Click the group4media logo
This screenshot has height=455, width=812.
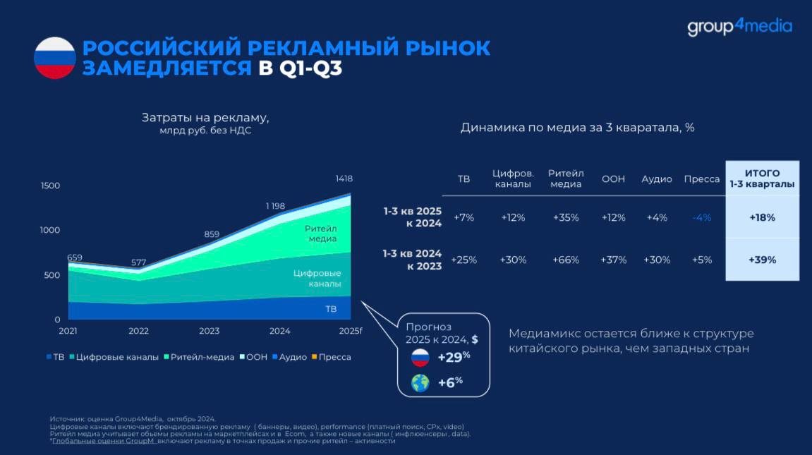(739, 26)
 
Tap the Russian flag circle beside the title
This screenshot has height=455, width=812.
(55, 58)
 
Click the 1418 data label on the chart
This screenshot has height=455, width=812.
(344, 178)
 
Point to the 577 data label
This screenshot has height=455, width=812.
(139, 262)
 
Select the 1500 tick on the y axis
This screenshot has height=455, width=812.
(50, 186)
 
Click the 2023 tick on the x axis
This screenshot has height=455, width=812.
(210, 331)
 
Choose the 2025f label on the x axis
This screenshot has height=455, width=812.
(351, 331)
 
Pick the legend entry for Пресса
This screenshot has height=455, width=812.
(332, 357)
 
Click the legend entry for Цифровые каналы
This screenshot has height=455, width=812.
(114, 357)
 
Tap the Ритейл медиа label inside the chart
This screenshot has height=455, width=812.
(321, 233)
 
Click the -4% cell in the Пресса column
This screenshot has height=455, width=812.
(702, 218)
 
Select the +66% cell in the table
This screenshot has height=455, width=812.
(566, 260)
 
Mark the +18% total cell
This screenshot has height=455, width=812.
(763, 218)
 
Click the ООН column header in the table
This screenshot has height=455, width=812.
(613, 179)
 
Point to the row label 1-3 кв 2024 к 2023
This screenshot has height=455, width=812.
(412, 260)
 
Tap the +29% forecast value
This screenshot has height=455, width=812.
(454, 357)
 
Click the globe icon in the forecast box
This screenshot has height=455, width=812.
(420, 383)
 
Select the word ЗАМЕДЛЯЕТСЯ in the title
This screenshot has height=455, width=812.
(166, 68)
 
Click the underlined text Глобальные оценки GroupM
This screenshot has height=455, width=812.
(104, 441)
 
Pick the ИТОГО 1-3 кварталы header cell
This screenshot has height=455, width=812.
(763, 178)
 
